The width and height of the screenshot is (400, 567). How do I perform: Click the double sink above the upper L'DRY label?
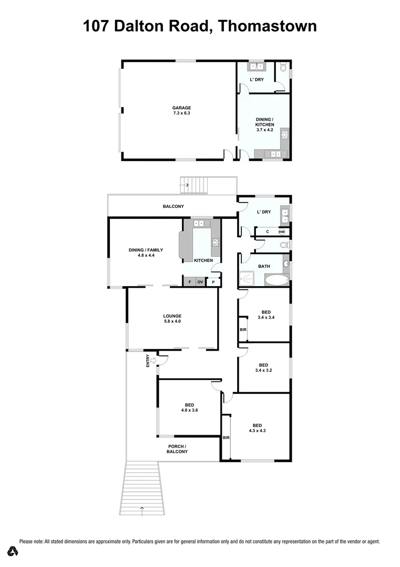(256, 67)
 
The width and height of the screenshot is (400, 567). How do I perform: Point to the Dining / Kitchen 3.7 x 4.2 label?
(264, 124)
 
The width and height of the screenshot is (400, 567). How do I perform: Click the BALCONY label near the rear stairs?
(173, 206)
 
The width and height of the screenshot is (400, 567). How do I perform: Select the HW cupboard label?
(282, 232)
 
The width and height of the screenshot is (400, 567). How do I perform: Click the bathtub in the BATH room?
(276, 279)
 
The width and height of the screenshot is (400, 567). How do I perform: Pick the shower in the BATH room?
(247, 278)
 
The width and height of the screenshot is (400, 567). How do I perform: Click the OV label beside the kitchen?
(200, 282)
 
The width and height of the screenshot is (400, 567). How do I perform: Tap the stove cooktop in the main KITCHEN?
(215, 243)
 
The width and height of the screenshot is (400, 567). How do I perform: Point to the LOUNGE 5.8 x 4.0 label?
(172, 318)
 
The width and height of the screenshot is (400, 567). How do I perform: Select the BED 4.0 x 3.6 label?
(189, 407)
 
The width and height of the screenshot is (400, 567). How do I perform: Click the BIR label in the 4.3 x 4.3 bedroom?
(226, 437)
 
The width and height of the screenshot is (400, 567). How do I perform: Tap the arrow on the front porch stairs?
(141, 508)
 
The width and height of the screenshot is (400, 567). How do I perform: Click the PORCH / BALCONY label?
(177, 449)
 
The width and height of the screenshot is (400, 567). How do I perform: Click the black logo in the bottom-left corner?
(13, 551)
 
